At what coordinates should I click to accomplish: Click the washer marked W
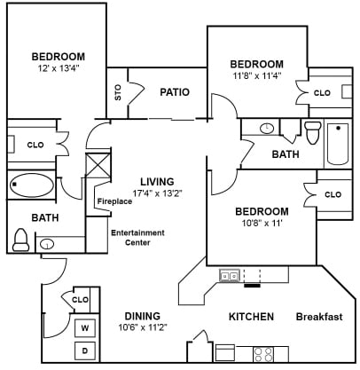85,327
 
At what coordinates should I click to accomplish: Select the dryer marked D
85,350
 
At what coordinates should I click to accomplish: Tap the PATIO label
175,92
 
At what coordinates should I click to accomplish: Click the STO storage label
118,92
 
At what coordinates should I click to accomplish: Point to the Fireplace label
114,201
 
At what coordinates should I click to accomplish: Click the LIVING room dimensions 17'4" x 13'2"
157,193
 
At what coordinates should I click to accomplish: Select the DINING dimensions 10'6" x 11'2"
143,327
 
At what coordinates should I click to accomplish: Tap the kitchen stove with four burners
263,354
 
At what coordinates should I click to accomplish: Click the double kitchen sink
230,276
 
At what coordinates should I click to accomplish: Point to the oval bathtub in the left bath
31,185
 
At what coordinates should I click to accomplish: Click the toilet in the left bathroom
20,240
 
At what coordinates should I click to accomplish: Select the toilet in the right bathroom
313,132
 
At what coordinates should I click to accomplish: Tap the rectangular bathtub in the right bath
338,144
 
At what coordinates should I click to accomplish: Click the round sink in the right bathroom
267,129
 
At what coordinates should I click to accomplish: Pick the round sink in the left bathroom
47,244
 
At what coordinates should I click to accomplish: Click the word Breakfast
319,317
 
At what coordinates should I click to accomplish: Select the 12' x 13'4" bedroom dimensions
59,68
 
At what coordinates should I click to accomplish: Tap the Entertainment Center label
137,238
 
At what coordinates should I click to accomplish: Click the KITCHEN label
251,317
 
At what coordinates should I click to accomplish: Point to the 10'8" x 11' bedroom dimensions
262,223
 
